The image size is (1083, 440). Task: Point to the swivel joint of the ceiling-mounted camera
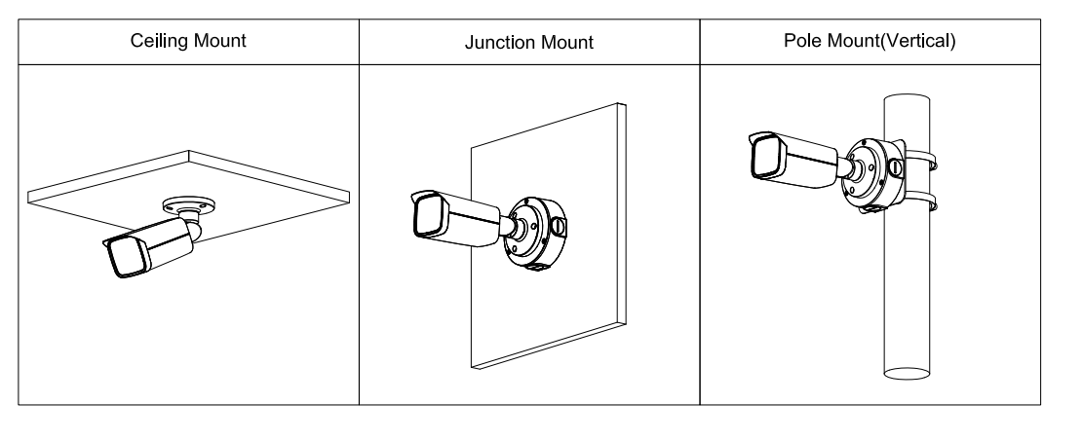(x=195, y=230)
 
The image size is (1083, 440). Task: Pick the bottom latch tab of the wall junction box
(x=537, y=266)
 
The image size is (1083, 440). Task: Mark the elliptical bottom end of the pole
(x=909, y=372)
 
